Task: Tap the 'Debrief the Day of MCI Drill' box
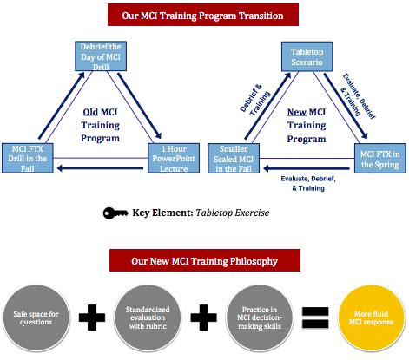(x=101, y=56)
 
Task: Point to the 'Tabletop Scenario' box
(x=305, y=58)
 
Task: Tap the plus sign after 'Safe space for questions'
(x=93, y=316)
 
